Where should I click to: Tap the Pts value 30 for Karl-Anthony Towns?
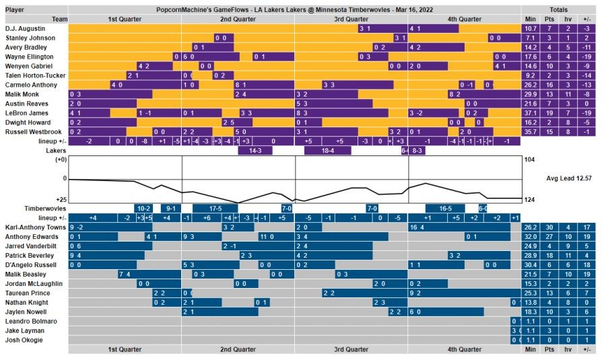pyautogui.click(x=549, y=228)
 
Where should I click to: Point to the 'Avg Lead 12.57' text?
pyautogui.click(x=569, y=178)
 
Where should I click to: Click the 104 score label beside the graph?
pyautogui.click(x=529, y=159)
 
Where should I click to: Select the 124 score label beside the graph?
pyautogui.click(x=529, y=200)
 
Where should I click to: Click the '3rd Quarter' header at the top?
pyautogui.click(x=352, y=19)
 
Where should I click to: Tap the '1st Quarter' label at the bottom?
pyautogui.click(x=125, y=350)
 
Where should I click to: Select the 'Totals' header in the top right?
pyautogui.click(x=558, y=9)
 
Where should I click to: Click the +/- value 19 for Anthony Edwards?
pyautogui.click(x=586, y=238)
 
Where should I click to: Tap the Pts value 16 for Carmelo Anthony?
pyautogui.click(x=549, y=85)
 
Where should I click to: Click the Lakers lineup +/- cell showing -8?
pyautogui.click(x=144, y=141)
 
